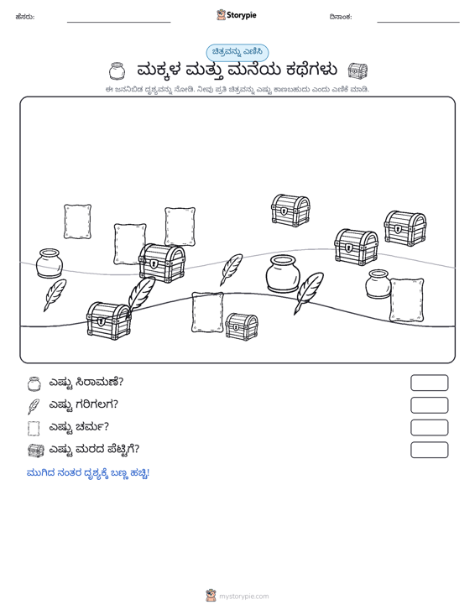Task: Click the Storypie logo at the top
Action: pos(236,15)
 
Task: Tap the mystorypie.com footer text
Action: pos(243,597)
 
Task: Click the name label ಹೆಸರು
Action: pos(25,17)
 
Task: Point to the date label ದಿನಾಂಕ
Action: pos(341,17)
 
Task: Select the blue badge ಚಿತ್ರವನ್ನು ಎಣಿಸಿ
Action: pos(237,53)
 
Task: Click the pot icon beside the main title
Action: pos(117,71)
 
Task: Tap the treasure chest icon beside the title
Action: pos(358,70)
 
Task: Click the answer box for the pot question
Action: pos(429,383)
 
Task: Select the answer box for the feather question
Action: pos(429,405)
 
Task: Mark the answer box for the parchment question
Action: pos(429,428)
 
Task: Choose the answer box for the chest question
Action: pos(429,450)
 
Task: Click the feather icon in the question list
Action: pos(34,406)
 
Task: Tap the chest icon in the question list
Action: pos(36,451)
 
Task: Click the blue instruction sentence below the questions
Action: pos(88,473)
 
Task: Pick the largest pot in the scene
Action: pos(283,274)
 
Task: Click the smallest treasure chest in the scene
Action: pos(242,326)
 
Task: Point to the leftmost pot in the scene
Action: pos(50,263)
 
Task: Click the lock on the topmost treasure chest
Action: pos(283,211)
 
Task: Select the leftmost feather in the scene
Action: pos(54,295)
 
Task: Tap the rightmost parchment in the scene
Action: pos(407,300)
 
